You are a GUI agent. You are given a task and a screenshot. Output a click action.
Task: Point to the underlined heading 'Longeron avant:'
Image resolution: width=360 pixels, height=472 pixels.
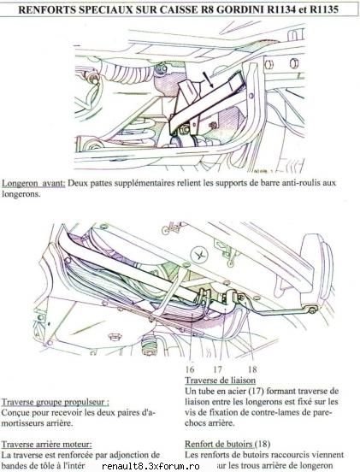32,183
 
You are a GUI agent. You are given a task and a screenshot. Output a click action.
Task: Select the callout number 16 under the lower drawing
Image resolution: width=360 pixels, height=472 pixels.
190,369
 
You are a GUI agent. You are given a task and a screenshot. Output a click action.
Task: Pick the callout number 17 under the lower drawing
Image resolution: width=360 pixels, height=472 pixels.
220,369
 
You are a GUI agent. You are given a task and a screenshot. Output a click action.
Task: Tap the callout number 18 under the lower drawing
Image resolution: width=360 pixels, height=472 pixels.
251,369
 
